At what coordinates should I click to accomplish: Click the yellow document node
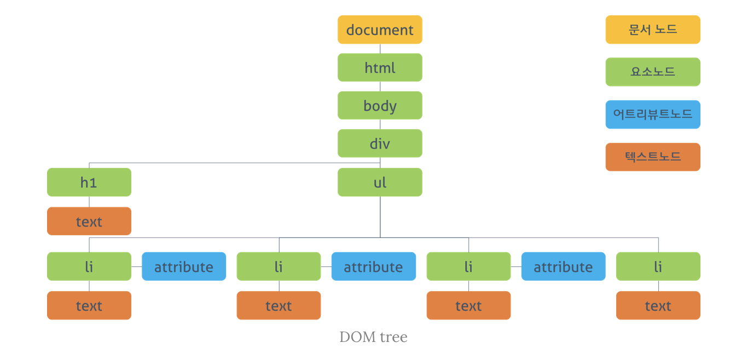point(380,30)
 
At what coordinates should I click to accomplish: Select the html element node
point(380,67)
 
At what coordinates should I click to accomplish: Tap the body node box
point(380,106)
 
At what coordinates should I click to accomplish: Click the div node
point(380,143)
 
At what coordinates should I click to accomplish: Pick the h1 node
point(89,182)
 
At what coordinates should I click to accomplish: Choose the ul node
point(380,182)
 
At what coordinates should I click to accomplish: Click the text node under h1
point(89,221)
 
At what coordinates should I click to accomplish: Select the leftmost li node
point(89,266)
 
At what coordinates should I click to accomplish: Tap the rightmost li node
point(658,266)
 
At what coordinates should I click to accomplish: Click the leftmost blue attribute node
point(184,266)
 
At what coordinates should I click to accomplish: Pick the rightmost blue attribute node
point(563,266)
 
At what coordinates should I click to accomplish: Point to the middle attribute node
point(374,266)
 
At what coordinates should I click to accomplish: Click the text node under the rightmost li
point(658,305)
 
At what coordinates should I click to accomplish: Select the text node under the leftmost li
point(89,305)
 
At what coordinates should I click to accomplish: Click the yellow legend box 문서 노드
point(652,30)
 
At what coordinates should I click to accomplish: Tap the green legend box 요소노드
point(652,72)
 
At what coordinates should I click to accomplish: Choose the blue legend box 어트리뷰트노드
point(652,114)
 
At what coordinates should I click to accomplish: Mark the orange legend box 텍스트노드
point(652,157)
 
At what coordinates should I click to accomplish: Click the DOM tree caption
point(373,337)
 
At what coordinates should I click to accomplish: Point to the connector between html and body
point(380,86)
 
